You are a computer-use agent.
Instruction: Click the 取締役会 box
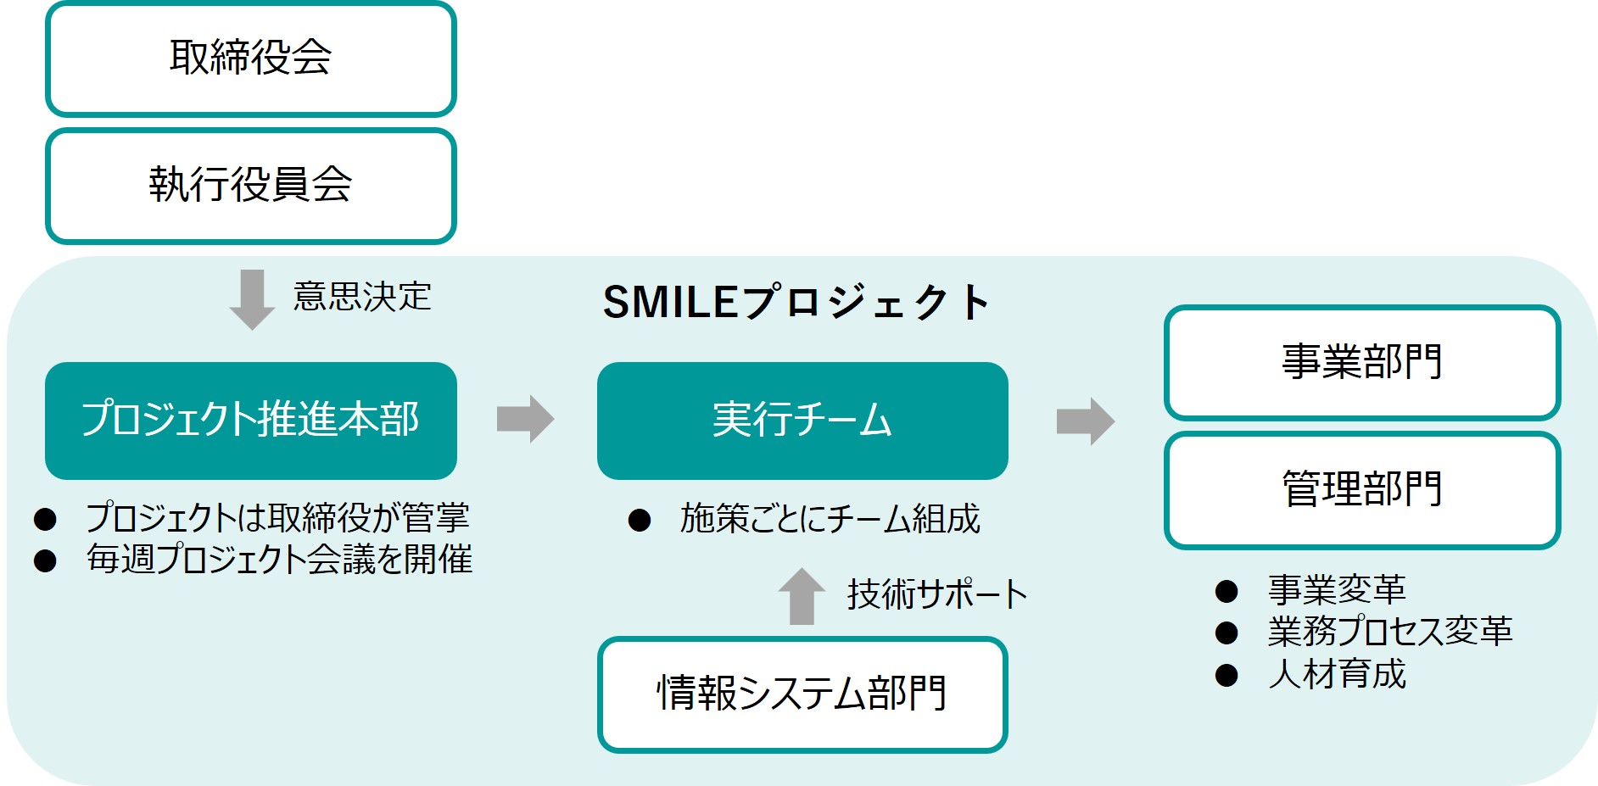coord(250,59)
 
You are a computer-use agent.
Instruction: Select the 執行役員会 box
coord(250,186)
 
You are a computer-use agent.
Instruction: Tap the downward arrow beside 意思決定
coord(252,299)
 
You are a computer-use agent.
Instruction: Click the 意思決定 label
coord(362,297)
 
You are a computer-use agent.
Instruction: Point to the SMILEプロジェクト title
coord(796,302)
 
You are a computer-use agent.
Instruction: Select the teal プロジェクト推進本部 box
coord(250,421)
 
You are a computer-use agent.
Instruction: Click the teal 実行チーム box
coord(802,421)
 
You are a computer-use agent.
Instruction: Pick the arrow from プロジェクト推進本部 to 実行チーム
coord(526,419)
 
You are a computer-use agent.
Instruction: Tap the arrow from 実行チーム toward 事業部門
coord(1085,421)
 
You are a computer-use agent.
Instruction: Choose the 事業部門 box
coord(1361,363)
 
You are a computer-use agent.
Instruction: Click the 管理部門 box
coord(1361,490)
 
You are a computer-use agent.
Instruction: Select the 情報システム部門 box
coord(802,694)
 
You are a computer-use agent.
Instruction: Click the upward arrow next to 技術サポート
coord(802,597)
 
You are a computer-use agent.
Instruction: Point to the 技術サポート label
coord(936,594)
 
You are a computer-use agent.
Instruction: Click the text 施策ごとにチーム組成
coord(830,519)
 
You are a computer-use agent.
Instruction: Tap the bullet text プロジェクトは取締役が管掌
coord(277,517)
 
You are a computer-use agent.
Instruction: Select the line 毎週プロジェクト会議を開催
coord(279,560)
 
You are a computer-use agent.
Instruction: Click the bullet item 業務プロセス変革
coord(1389,632)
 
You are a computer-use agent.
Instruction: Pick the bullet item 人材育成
coord(1337,675)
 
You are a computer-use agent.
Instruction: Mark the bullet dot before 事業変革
coord(1226,591)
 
